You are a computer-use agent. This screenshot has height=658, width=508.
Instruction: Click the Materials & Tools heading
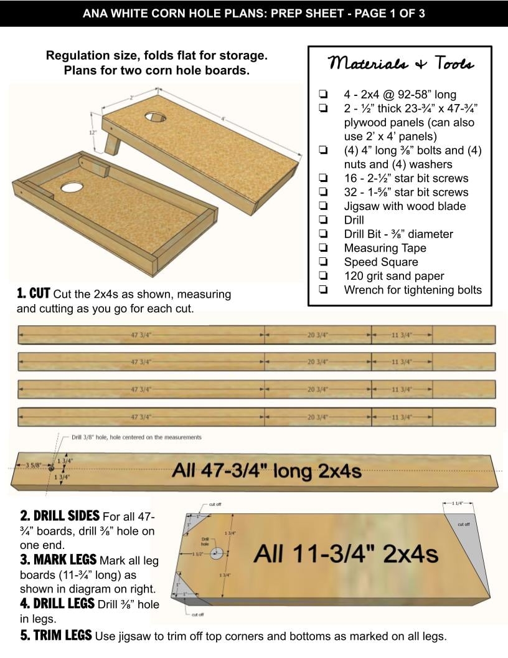click(401, 64)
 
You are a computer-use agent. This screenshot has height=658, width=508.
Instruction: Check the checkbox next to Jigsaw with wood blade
click(323, 206)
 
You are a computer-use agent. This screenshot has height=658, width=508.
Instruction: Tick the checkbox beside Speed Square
click(323, 262)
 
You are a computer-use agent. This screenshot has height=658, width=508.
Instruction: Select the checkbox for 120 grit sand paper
click(323, 276)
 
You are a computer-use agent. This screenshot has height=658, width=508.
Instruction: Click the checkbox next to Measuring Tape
click(323, 248)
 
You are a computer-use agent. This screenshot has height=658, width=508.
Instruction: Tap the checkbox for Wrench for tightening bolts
click(323, 290)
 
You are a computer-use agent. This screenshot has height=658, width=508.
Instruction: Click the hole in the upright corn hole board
click(156, 117)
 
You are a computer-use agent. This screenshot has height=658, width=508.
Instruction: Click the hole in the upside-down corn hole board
click(72, 186)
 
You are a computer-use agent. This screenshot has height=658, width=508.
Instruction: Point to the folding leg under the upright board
click(113, 143)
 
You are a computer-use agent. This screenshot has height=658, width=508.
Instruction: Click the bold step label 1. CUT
click(34, 293)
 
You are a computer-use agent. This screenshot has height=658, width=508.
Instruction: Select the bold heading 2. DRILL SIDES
click(60, 516)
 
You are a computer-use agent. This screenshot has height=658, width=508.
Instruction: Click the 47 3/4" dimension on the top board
click(141, 335)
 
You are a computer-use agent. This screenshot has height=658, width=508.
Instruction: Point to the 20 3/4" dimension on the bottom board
click(317, 417)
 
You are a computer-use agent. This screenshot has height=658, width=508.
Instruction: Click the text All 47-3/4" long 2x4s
click(266, 470)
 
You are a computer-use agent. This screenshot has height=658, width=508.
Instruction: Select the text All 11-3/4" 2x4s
click(346, 553)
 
